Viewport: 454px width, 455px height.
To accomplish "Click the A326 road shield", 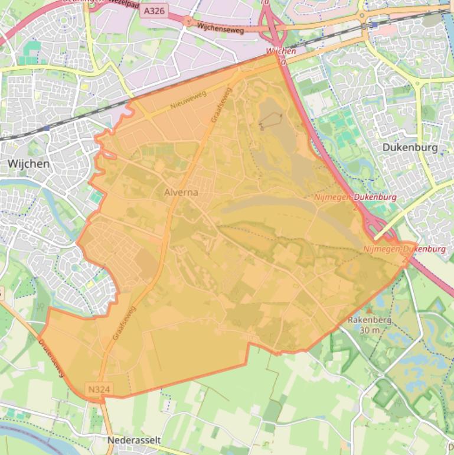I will click(x=155, y=11).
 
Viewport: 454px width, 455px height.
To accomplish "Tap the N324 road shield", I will click(x=99, y=389).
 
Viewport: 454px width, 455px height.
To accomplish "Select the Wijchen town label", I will click(x=28, y=163).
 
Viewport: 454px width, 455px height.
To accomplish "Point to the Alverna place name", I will click(x=181, y=193).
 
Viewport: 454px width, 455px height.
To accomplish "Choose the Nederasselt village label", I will click(x=133, y=440).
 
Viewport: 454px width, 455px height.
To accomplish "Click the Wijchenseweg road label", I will click(x=221, y=27).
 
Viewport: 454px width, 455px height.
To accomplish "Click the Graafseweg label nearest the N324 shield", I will click(x=124, y=323).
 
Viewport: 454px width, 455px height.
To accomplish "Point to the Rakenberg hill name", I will click(x=370, y=320).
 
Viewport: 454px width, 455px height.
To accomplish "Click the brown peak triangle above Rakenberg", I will click(x=370, y=310).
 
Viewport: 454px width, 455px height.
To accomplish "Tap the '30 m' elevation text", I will click(x=370, y=330).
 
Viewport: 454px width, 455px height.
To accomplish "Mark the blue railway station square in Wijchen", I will click(x=46, y=128).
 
